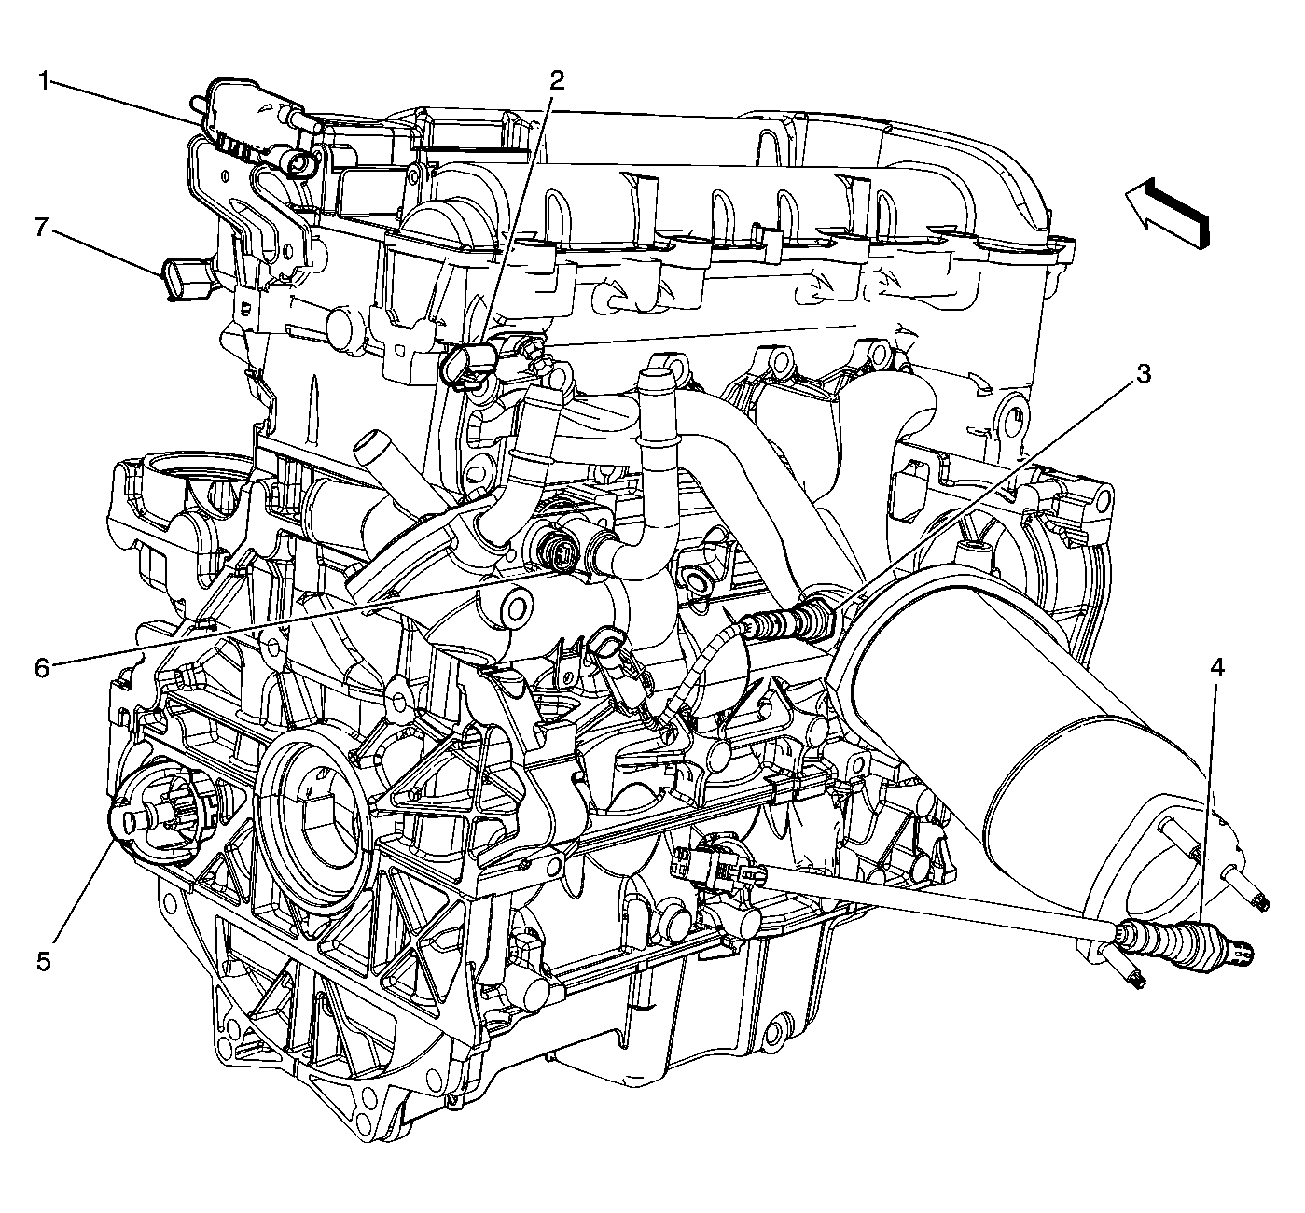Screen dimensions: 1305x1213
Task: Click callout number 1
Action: pyautogui.click(x=44, y=82)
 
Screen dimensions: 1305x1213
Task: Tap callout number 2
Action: pyautogui.click(x=557, y=81)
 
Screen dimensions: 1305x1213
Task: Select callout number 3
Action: pyautogui.click(x=1144, y=374)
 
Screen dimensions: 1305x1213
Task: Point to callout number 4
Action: pyautogui.click(x=1217, y=668)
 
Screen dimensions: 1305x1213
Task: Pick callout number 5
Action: pyautogui.click(x=43, y=962)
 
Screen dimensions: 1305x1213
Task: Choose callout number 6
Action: pyautogui.click(x=43, y=669)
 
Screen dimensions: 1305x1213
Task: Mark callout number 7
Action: pyautogui.click(x=41, y=228)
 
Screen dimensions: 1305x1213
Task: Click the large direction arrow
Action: pyautogui.click(x=1166, y=212)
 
